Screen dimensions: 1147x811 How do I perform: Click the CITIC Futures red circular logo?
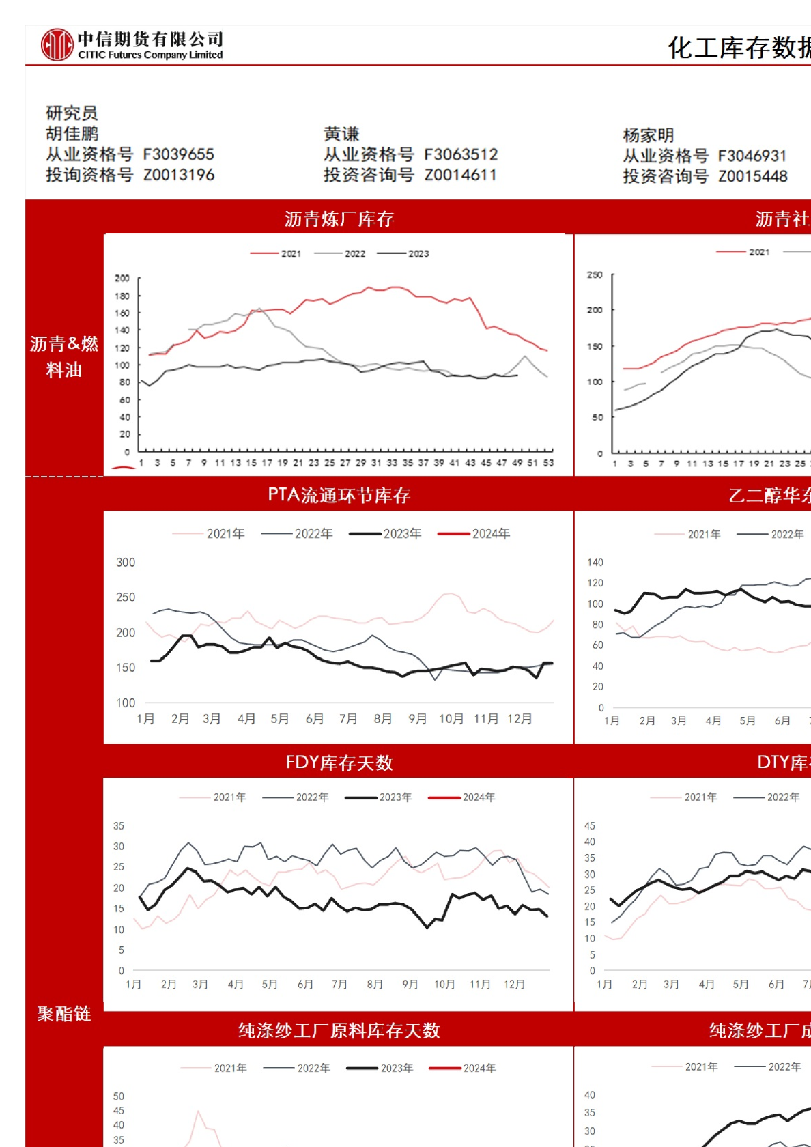57,45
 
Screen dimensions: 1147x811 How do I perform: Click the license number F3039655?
178,154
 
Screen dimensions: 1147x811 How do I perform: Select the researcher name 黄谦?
341,134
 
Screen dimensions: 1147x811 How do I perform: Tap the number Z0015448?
752,176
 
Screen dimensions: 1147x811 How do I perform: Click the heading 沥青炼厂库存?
339,219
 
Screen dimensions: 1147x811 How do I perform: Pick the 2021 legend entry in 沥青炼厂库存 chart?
276,254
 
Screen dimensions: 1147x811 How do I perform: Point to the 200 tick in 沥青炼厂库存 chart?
122,279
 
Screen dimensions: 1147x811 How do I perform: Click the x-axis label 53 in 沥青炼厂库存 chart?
548,463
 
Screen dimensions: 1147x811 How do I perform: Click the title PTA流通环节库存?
339,495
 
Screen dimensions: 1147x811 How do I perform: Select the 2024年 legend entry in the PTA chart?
474,534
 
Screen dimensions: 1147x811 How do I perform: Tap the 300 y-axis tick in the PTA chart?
126,563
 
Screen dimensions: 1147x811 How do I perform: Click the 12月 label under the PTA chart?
520,719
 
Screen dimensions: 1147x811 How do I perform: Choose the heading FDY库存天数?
339,763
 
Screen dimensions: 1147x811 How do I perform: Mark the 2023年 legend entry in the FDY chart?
379,797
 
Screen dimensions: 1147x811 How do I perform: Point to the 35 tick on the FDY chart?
119,826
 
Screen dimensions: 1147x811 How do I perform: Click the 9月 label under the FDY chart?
410,985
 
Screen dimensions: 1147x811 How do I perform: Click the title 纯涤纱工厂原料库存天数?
339,1030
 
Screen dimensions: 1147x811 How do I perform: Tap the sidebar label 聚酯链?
63,1014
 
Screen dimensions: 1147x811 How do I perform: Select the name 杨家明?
649,135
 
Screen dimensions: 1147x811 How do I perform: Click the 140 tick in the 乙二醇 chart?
595,563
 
